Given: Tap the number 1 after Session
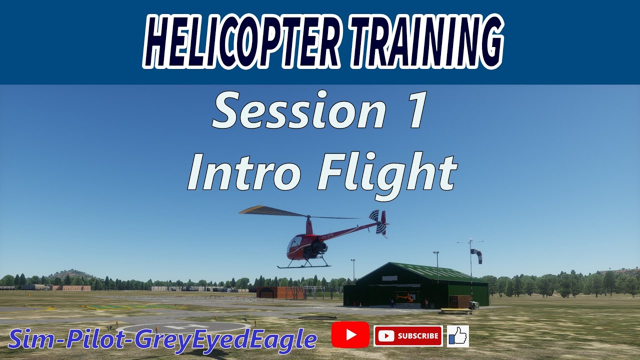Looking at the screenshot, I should (416, 111).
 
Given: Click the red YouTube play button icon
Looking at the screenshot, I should (350, 334).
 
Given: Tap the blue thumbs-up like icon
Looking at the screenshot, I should (457, 336).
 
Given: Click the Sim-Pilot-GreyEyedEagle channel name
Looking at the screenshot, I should (162, 340).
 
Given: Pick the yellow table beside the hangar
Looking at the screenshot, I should (455, 311).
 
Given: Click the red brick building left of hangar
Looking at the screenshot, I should (274, 292).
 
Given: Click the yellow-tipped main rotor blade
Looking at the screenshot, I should (265, 210).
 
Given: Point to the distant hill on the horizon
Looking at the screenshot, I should (72, 274).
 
